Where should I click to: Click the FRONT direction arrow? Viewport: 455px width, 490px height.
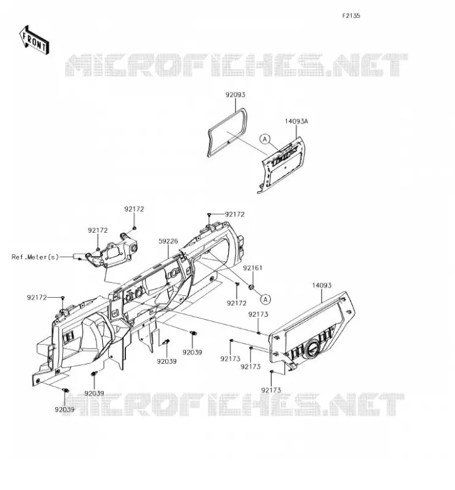(x=34, y=40)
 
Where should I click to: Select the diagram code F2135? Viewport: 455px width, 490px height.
(x=351, y=16)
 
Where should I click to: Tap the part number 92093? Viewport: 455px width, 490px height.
(x=235, y=95)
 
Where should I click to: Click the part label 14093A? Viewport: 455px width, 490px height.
(x=296, y=121)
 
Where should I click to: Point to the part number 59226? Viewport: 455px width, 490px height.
(x=168, y=241)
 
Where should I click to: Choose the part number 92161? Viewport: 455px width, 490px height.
(x=253, y=268)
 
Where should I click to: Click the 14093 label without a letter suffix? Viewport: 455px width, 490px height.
(x=322, y=285)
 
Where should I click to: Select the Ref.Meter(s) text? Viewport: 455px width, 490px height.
(x=35, y=257)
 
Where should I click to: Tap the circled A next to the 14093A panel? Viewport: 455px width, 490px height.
(x=265, y=139)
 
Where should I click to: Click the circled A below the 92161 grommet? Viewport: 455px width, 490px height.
(x=265, y=300)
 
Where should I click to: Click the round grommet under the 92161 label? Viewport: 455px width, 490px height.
(x=251, y=287)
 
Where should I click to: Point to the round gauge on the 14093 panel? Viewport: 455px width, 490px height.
(x=312, y=348)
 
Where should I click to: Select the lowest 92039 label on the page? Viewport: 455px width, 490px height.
(x=65, y=410)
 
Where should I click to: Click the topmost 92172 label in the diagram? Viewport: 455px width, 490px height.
(x=134, y=209)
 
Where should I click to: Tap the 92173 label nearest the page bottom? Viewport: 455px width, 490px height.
(x=271, y=390)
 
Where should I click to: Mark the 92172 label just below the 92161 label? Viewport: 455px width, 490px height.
(x=237, y=303)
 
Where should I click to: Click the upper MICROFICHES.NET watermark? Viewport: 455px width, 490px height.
(x=236, y=65)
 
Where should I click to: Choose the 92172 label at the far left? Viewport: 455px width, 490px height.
(x=37, y=298)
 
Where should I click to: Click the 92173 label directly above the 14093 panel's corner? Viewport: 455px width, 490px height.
(x=258, y=314)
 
